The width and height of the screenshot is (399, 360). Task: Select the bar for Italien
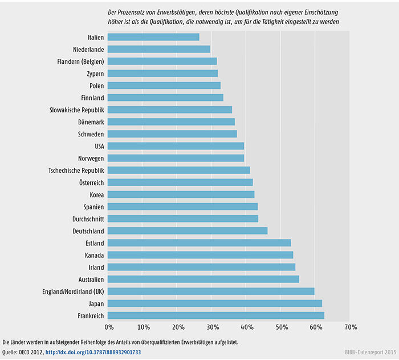coord(153,37)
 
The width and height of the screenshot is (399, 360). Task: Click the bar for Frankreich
coord(215,315)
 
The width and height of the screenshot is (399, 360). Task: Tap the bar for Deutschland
coord(187,230)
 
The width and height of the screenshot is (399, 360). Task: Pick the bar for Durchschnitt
coord(182,219)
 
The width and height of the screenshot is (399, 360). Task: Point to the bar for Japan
coord(214,304)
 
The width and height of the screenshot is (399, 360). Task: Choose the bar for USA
coord(176,146)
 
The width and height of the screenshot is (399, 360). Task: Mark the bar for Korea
coord(181,195)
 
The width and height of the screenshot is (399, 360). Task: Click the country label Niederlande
coord(88,49)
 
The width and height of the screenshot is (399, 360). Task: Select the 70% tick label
coord(351,328)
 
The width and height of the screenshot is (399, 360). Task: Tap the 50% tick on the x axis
coord(282,328)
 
